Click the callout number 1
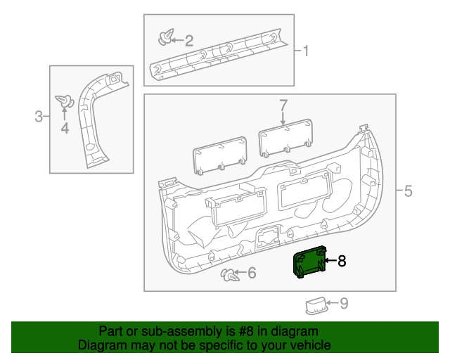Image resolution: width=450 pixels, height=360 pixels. (x=306, y=51)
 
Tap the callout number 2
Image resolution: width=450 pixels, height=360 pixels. (x=189, y=41)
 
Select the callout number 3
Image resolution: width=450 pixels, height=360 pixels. (x=39, y=117)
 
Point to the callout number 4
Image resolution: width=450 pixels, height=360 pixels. (x=65, y=128)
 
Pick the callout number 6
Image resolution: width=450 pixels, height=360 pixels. (x=251, y=273)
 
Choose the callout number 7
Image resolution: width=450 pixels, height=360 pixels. (x=283, y=106)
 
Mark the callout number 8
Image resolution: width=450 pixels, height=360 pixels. (x=342, y=262)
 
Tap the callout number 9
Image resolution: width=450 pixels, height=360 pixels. (x=344, y=304)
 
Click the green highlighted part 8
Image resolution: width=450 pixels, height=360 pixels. (x=309, y=263)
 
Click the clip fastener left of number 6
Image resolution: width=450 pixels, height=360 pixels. (x=229, y=274)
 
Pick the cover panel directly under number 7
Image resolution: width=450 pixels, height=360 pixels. (x=286, y=136)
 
